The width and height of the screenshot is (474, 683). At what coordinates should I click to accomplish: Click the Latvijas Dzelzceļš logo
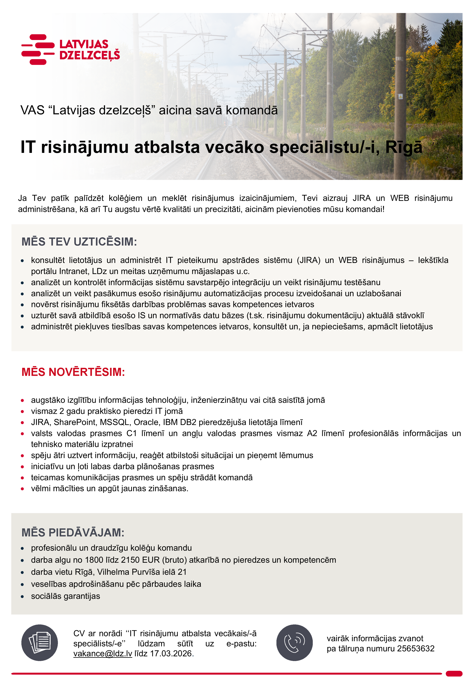pyautogui.click(x=71, y=49)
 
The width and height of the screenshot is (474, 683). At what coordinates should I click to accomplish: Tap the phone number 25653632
pyautogui.click(x=416, y=649)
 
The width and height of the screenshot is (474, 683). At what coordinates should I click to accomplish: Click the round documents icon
pyautogui.click(x=40, y=643)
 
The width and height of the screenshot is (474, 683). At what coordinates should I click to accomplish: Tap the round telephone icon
pyautogui.click(x=294, y=643)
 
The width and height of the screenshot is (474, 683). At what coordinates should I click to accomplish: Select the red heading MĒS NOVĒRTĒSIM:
pyautogui.click(x=73, y=372)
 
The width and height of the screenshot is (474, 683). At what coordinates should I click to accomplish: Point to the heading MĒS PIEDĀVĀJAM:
pyautogui.click(x=73, y=533)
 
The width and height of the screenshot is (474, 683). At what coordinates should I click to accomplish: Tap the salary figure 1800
pyautogui.click(x=94, y=560)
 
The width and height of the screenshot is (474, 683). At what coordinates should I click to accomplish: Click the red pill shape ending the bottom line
pyautogui.click(x=454, y=673)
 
